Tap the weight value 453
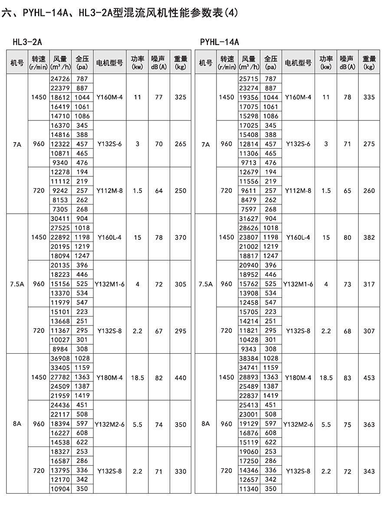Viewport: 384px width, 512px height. (x=369, y=378)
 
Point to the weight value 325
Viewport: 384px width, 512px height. (x=180, y=98)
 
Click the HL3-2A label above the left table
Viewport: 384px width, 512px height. (x=27, y=42)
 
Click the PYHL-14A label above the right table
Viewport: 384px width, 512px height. (x=220, y=42)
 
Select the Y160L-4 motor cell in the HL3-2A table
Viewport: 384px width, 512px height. (x=109, y=238)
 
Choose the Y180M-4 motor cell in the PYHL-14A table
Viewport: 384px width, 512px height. (x=298, y=378)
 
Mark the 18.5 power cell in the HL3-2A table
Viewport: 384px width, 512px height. (x=137, y=378)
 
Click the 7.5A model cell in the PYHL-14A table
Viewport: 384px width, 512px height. (x=206, y=284)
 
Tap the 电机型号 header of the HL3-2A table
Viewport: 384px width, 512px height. (x=109, y=62)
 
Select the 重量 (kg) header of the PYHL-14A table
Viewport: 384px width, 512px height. (x=369, y=62)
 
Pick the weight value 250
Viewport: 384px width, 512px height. (x=180, y=191)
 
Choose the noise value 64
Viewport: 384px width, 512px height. (x=159, y=191)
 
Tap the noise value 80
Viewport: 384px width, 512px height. (x=347, y=238)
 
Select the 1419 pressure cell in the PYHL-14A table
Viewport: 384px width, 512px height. (x=271, y=395)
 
